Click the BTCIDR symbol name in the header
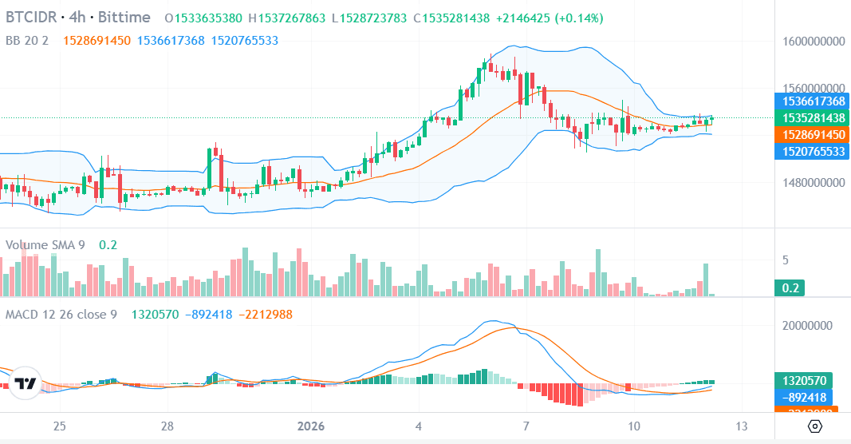coord(32,18)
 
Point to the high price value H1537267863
coord(287,18)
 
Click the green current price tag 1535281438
coord(811,117)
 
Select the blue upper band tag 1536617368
coord(811,101)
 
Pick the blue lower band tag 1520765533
coord(811,150)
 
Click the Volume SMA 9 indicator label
coord(45,245)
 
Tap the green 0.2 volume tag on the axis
coord(791,287)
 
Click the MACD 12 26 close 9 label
coord(61,315)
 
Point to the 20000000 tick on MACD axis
coord(814,326)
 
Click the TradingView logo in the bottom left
coord(26,384)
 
